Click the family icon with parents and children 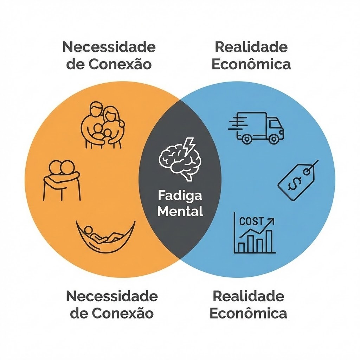102,125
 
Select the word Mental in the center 180,212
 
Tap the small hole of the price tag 308,171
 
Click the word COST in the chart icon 251,221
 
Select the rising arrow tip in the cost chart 272,220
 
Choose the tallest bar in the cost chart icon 269,242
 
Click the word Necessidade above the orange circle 109,47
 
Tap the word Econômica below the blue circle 248,313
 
